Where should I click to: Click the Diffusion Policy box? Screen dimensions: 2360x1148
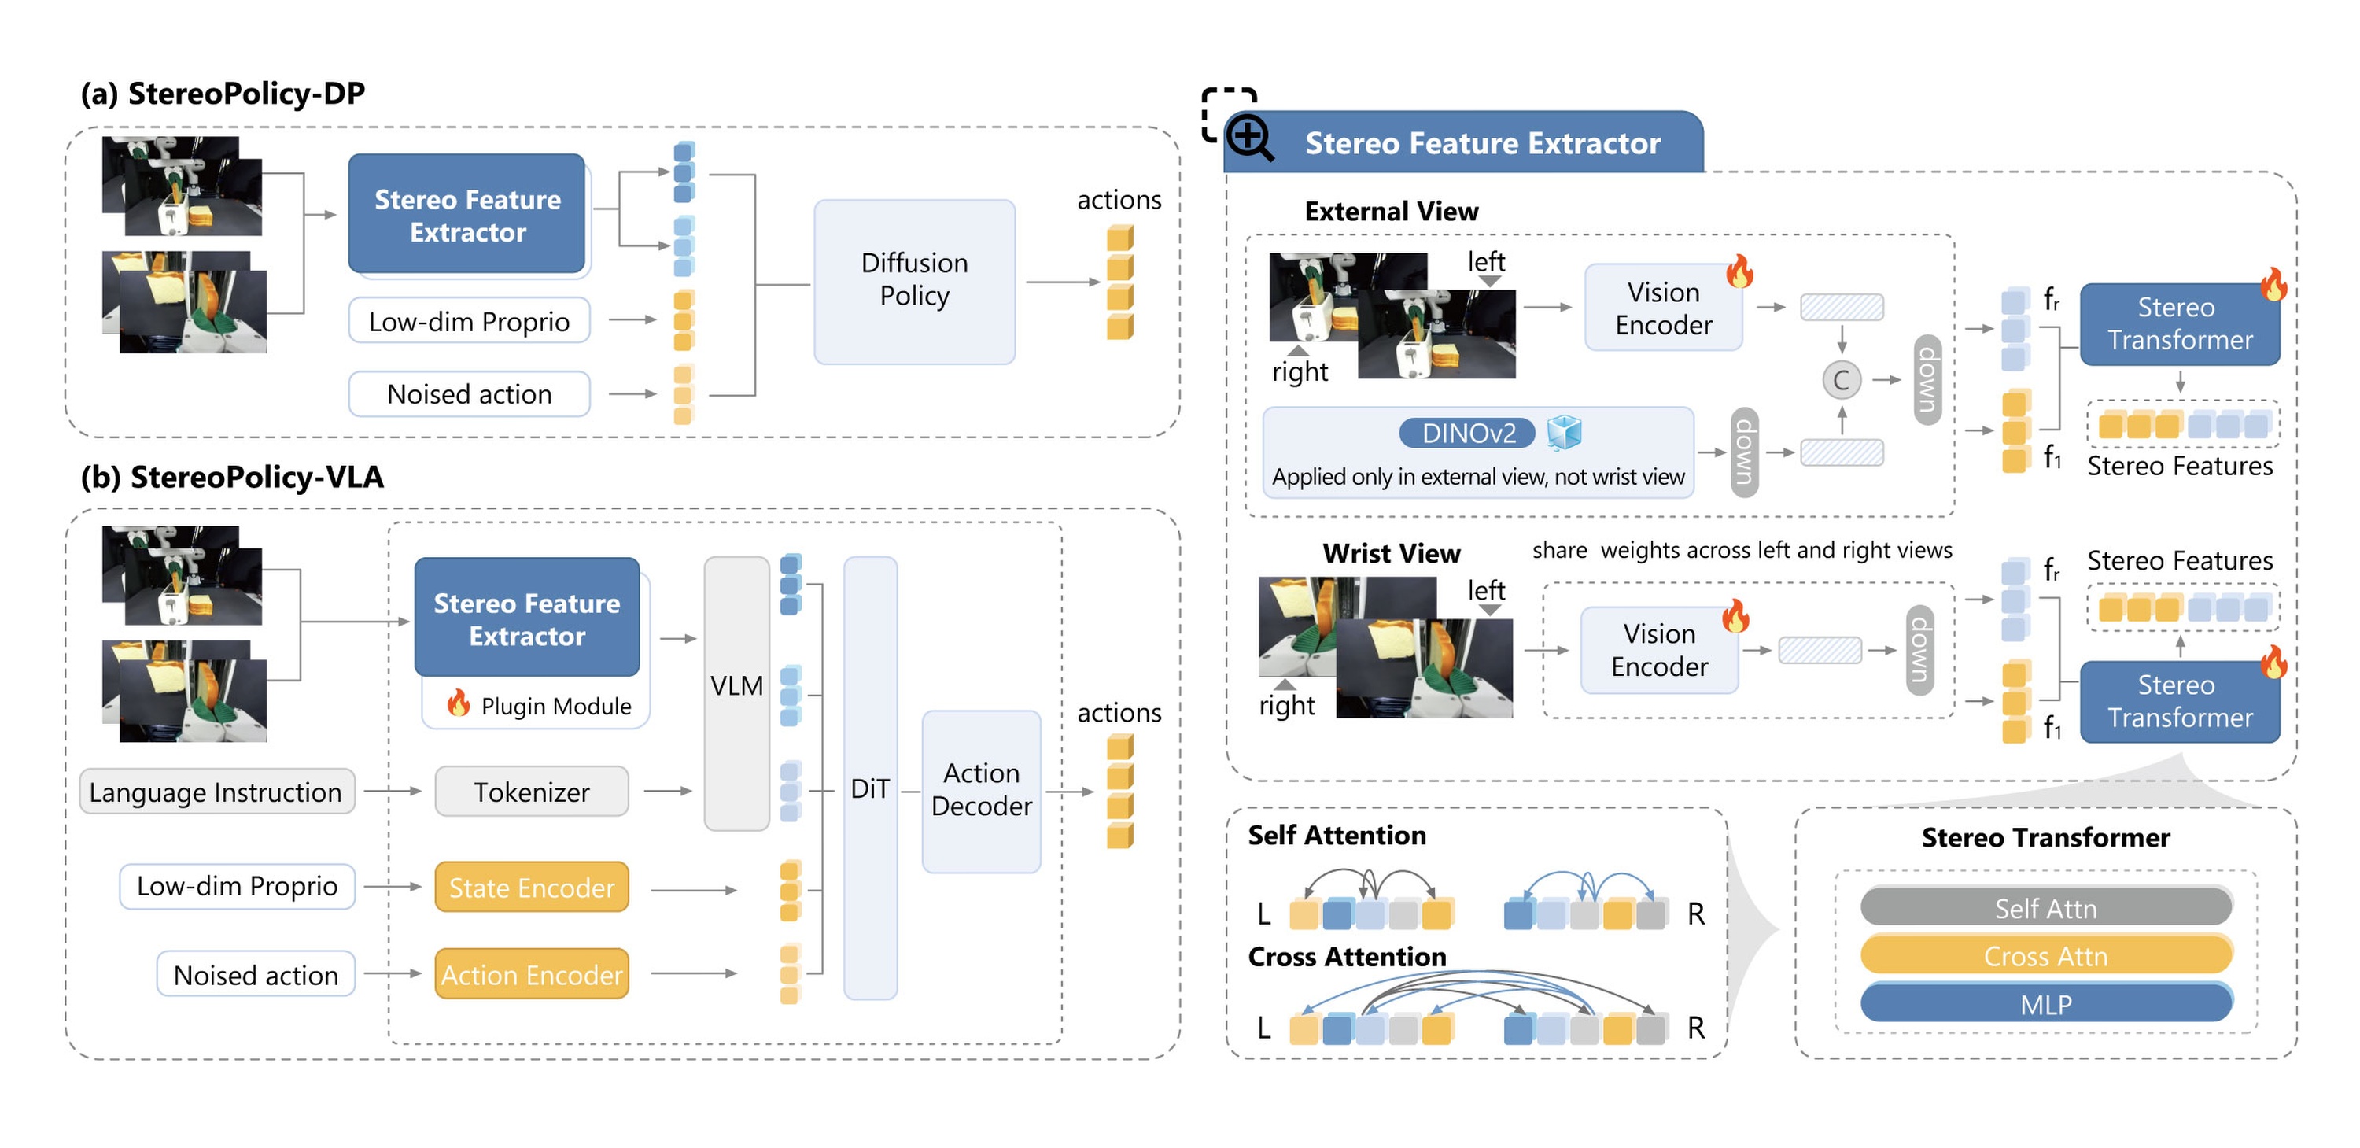coord(913,281)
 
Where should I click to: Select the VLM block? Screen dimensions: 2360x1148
coord(736,692)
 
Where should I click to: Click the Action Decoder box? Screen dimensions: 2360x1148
coord(980,790)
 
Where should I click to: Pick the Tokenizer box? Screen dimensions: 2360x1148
coord(531,791)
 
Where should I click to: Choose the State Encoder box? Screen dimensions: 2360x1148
coord(531,886)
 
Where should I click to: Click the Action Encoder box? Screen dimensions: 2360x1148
coord(531,973)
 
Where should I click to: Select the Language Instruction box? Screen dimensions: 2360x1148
coord(216,791)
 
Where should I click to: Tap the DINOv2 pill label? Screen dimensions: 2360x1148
coord(1467,433)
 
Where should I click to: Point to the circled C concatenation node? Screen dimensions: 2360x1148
coord(1842,379)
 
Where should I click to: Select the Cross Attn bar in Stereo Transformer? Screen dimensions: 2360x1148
coord(2046,954)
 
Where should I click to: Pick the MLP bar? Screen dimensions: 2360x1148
coord(2046,1003)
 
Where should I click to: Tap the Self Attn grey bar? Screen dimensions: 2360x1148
coord(2046,906)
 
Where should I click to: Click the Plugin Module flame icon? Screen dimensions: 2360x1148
coord(458,703)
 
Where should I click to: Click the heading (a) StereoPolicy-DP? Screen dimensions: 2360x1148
coord(223,93)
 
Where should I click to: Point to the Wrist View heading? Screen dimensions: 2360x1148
coord(1391,552)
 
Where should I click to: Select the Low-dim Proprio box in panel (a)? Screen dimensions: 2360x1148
coord(469,321)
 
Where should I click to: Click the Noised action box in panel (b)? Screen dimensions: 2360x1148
coord(256,974)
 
